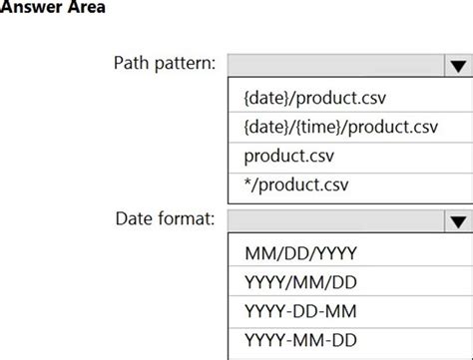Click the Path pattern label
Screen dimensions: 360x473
[x=164, y=65]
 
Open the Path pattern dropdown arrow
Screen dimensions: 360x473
[x=458, y=66]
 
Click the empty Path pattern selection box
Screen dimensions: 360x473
[x=335, y=66]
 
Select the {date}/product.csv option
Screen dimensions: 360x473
[x=314, y=99]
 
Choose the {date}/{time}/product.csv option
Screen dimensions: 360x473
[x=340, y=128]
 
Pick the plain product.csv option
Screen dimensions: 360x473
[x=290, y=157]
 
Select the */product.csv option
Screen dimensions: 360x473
[x=296, y=185]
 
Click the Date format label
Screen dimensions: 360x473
[x=165, y=218]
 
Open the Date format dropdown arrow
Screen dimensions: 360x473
[x=458, y=221]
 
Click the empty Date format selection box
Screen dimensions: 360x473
[x=335, y=221]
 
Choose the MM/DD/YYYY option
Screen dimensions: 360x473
[x=300, y=253]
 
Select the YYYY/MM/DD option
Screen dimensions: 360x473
[x=300, y=282]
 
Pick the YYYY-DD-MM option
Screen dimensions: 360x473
[x=300, y=311]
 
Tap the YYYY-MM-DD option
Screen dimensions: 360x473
[x=300, y=340]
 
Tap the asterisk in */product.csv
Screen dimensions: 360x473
[x=247, y=184]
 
